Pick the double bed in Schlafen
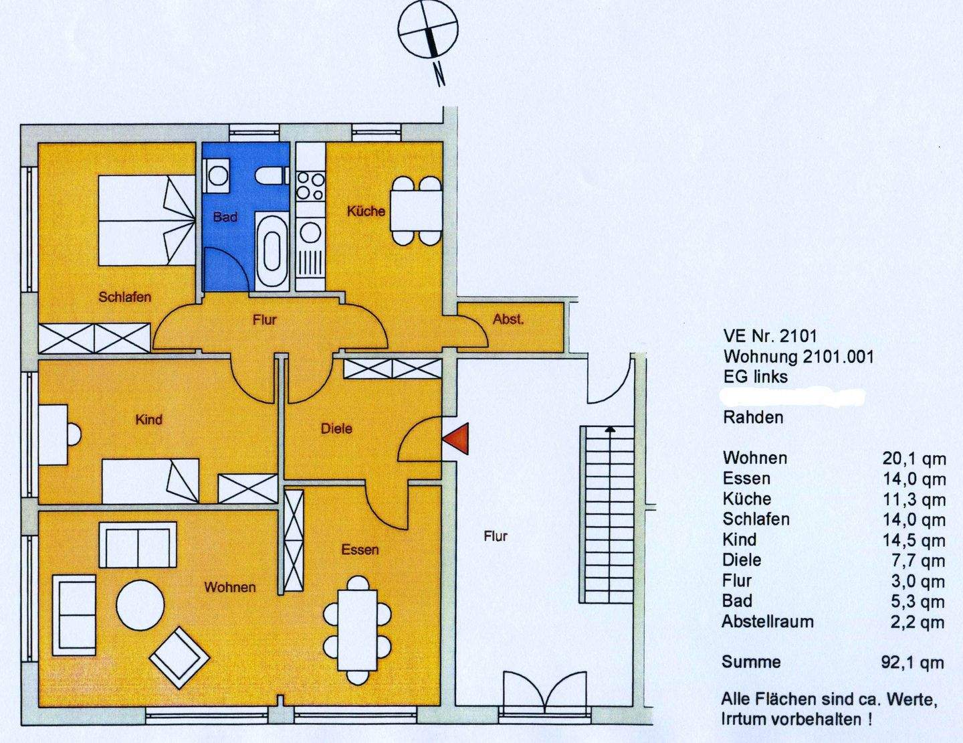(148, 220)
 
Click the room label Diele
(336, 428)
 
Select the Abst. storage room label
(508, 319)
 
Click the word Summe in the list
(751, 662)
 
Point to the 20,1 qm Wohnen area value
(914, 459)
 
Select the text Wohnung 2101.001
(798, 356)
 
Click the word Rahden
(753, 417)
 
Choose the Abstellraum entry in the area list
(768, 621)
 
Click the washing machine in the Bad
(217, 177)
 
